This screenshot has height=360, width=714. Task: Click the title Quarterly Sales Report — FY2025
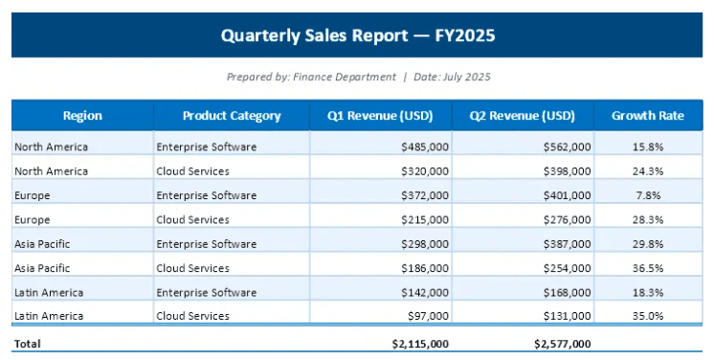point(357,35)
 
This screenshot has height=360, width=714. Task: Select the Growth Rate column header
point(648,116)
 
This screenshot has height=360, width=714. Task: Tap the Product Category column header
point(232,116)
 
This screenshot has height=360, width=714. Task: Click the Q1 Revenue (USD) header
point(380,116)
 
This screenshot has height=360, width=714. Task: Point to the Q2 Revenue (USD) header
point(523,116)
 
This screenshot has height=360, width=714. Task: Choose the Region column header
point(82,116)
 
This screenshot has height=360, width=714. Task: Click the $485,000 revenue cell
point(425,146)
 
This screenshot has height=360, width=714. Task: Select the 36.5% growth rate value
point(648,268)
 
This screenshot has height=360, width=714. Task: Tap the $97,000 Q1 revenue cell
point(429,316)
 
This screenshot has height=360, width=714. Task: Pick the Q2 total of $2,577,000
point(563,344)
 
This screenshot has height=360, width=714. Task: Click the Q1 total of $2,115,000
point(420,344)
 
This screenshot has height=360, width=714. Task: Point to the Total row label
point(28,344)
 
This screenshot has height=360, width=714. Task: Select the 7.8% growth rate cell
point(648,195)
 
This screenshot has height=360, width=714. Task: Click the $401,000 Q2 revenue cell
point(567,195)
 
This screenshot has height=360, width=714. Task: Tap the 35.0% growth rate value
point(648,316)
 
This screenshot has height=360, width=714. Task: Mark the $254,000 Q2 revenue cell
point(567,268)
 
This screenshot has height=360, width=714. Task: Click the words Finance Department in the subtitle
point(345,77)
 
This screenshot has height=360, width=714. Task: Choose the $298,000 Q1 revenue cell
point(425,244)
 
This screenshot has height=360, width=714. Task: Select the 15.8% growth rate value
point(648,146)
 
